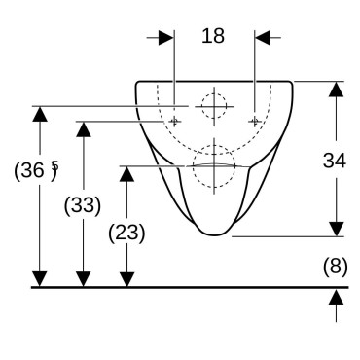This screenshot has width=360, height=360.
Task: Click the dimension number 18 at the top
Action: pyautogui.click(x=213, y=36)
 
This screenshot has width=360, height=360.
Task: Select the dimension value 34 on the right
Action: pyautogui.click(x=335, y=161)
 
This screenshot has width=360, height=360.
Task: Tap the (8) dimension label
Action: pyautogui.click(x=335, y=267)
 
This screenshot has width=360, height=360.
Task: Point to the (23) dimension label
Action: pyautogui.click(x=126, y=233)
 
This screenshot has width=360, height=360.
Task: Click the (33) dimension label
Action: pyautogui.click(x=83, y=205)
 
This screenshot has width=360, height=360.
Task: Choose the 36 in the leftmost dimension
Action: pyautogui.click(x=32, y=170)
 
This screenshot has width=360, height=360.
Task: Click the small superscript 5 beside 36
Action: pyautogui.click(x=54, y=165)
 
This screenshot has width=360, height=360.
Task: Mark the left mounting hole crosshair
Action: pyautogui.click(x=174, y=122)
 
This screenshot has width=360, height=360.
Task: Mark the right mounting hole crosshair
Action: pyautogui.click(x=255, y=122)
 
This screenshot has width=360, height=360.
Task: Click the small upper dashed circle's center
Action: pyautogui.click(x=214, y=106)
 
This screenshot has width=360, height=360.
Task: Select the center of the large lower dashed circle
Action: pyautogui.click(x=214, y=166)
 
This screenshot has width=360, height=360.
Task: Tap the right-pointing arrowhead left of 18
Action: pyautogui.click(x=165, y=38)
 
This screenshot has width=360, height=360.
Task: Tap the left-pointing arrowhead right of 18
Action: pyautogui.click(x=263, y=38)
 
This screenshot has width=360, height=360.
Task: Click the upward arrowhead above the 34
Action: pyautogui.click(x=336, y=90)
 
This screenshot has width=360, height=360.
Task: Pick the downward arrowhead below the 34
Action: pyautogui.click(x=336, y=229)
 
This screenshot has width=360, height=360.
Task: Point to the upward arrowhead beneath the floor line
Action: pyautogui.click(x=336, y=297)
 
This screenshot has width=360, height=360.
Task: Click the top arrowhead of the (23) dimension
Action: pyautogui.click(x=126, y=174)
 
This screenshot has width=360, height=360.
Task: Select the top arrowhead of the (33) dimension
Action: pyautogui.click(x=83, y=129)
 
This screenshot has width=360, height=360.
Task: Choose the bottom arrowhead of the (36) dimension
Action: pyautogui.click(x=40, y=279)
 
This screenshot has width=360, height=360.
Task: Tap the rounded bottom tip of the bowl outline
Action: pyautogui.click(x=214, y=234)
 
